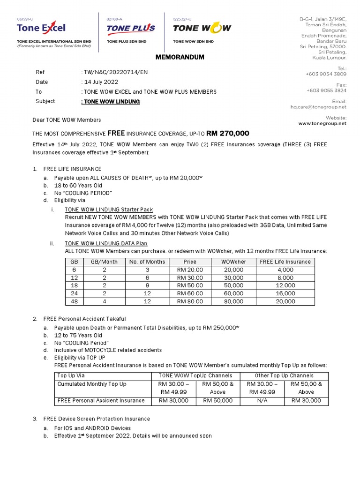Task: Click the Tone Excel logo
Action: point(41,28)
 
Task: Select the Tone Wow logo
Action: point(202,28)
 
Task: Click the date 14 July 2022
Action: point(99,82)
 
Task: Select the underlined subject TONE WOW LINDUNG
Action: point(111,101)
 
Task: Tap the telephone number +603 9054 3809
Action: point(326,74)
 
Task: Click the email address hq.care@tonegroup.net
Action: point(318,107)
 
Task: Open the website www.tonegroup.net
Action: point(322,124)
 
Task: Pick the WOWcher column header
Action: point(233,262)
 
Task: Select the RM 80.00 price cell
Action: point(190,301)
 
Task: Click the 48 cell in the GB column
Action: point(74,301)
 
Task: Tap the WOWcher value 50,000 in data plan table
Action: point(233,285)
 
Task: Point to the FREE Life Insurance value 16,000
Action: point(285,293)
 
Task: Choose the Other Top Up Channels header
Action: point(284,375)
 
